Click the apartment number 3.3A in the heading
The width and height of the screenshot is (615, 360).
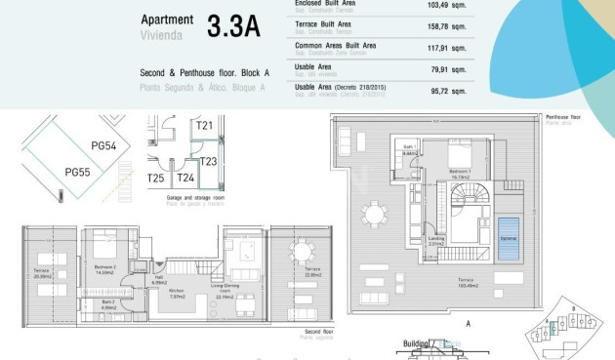click(x=233, y=26)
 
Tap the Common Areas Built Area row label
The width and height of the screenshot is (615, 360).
click(x=336, y=46)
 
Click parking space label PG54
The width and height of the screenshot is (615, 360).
click(x=103, y=145)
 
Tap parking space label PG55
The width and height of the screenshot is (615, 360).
click(x=77, y=172)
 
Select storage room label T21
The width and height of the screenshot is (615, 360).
click(x=204, y=126)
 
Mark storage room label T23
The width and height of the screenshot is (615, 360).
click(x=208, y=162)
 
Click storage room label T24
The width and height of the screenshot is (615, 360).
click(x=184, y=179)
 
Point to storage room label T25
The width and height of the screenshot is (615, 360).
click(x=156, y=179)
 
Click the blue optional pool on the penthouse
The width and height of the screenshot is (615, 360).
click(x=508, y=241)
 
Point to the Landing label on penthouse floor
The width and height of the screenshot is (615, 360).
click(x=436, y=240)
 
